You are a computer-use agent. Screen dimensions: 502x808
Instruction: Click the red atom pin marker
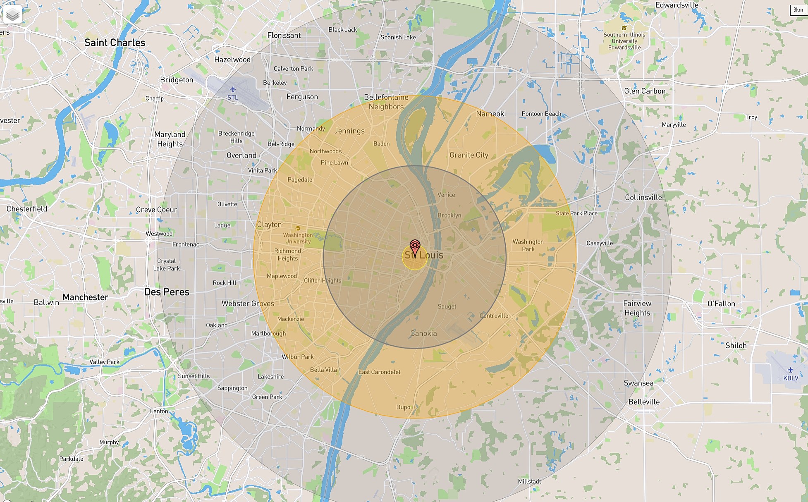click(x=415, y=247)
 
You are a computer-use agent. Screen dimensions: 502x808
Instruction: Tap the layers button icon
click(x=12, y=15)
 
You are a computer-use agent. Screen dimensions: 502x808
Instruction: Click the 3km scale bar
click(x=798, y=10)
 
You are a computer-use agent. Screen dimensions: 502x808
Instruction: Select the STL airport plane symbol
click(x=233, y=89)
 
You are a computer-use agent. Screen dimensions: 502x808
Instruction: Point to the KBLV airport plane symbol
click(x=791, y=370)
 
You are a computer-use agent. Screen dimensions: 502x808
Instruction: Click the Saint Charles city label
click(x=115, y=43)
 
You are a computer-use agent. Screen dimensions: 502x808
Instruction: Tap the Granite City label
click(x=469, y=155)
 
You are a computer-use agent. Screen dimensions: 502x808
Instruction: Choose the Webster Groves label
click(x=248, y=304)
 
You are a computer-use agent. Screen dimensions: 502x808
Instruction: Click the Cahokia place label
click(x=423, y=333)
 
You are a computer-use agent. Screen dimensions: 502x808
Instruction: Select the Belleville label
click(x=644, y=402)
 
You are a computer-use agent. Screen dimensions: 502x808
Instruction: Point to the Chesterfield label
click(x=27, y=209)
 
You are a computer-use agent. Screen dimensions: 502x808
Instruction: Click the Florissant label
click(x=284, y=36)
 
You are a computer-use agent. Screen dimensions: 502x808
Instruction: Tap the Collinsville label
click(x=643, y=198)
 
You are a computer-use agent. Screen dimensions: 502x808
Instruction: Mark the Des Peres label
click(x=167, y=292)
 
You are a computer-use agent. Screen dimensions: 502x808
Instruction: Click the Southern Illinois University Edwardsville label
click(x=624, y=41)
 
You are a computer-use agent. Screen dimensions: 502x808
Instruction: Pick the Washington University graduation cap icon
click(x=297, y=228)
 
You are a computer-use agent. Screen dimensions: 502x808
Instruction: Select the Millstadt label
click(x=529, y=481)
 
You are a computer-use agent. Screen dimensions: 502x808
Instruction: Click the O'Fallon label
click(x=721, y=304)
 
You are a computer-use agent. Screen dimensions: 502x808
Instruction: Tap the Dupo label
click(x=403, y=407)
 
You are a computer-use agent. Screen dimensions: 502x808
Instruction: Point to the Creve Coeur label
click(x=156, y=210)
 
